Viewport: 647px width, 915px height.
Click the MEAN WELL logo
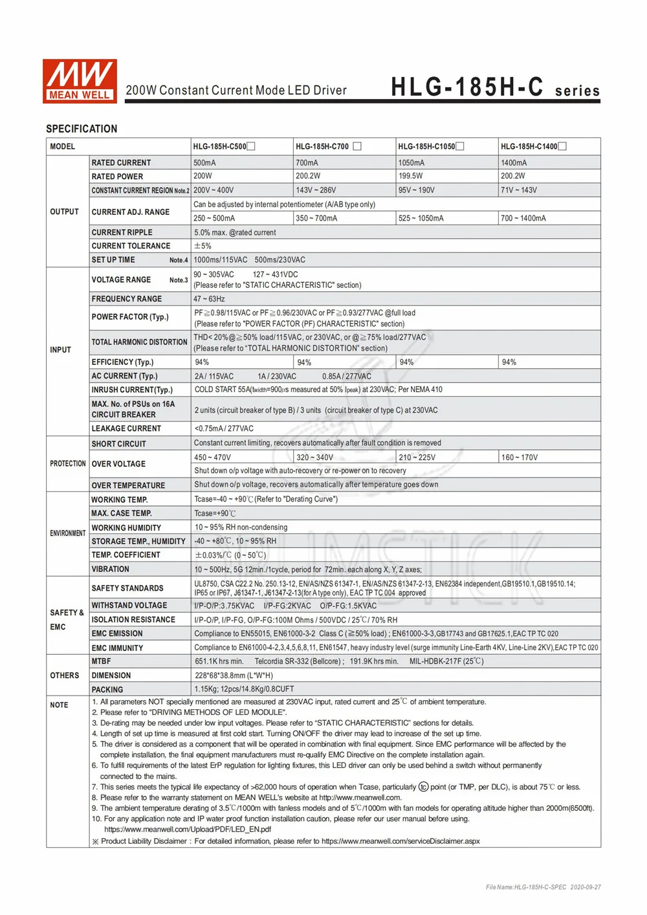coord(80,81)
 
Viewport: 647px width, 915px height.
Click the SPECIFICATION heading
coord(82,129)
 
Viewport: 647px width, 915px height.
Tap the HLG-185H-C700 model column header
coord(322,146)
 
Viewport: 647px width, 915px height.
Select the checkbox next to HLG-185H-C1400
coord(562,146)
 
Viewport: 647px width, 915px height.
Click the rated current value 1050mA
coord(411,163)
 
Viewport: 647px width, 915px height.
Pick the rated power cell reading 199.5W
coord(410,176)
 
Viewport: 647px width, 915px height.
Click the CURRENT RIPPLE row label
coord(122,232)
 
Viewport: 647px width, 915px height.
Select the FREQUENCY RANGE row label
coord(127,299)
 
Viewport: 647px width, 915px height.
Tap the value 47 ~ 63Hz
coord(210,299)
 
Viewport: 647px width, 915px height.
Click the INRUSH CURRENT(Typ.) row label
coord(132,390)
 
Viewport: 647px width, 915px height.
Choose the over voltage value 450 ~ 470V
coord(212,457)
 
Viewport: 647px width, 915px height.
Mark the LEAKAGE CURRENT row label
coord(126,428)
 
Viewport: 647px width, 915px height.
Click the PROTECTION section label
coord(68,464)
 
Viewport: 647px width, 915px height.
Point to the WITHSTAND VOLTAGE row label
coord(129,606)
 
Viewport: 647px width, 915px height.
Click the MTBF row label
coord(101,661)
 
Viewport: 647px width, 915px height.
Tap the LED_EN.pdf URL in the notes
coord(188,830)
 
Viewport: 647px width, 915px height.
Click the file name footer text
coord(543,887)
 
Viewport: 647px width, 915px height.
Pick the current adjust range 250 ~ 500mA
coord(214,219)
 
